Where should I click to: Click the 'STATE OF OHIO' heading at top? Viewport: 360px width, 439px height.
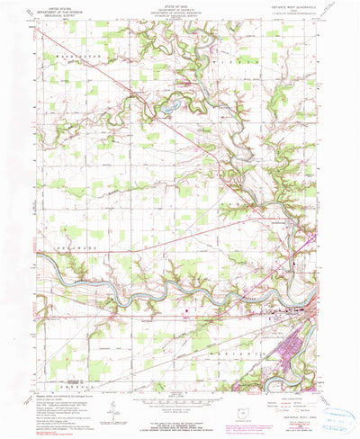[180, 4]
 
